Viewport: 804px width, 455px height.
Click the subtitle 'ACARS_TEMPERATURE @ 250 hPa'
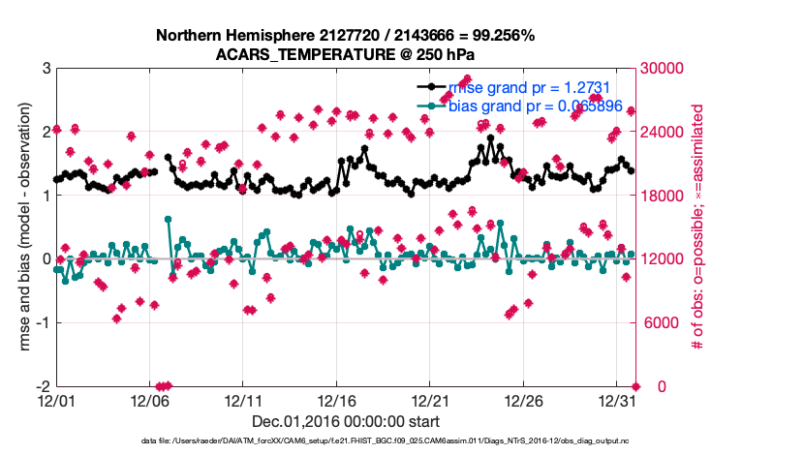click(345, 54)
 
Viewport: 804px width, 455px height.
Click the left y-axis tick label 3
click(45, 68)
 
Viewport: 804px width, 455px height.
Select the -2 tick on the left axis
click(42, 386)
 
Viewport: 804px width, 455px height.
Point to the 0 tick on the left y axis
click(45, 258)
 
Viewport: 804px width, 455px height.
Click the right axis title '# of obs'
click(696, 227)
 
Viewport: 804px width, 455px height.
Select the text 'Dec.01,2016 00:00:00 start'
click(345, 421)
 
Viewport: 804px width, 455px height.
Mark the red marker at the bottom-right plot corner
click(635, 386)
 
